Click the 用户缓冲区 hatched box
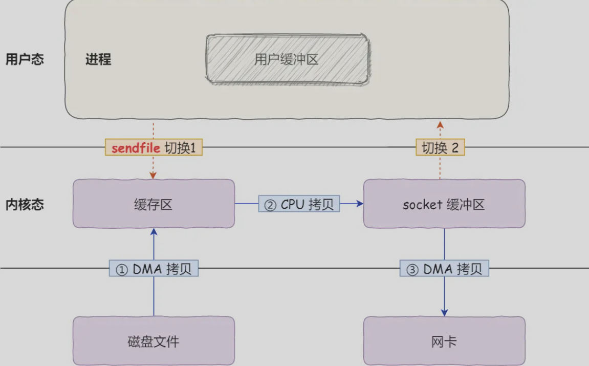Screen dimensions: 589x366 coord(288,59)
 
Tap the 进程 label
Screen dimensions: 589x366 coord(98,59)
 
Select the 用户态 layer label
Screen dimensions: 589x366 coord(25,59)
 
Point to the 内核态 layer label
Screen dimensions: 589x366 coord(25,204)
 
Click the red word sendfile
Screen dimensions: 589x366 coord(136,147)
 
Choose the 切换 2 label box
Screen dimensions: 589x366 coord(440,147)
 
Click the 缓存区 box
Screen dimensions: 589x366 coord(154,204)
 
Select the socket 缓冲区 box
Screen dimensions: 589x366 coord(444,204)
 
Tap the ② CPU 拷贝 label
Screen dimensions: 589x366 coord(299,204)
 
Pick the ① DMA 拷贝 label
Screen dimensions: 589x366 coord(154,268)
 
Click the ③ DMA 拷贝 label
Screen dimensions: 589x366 coord(444,268)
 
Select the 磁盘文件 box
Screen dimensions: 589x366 coord(154,341)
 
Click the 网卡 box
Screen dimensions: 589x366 coord(444,341)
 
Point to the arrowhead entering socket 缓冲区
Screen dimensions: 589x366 coord(360,204)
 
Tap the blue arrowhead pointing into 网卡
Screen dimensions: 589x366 coord(444,313)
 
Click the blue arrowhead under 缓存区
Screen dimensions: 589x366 coord(154,232)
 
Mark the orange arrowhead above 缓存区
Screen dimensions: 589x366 coord(153,176)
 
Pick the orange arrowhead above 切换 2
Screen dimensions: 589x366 coord(440,125)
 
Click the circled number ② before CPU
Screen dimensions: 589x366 coord(270,205)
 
